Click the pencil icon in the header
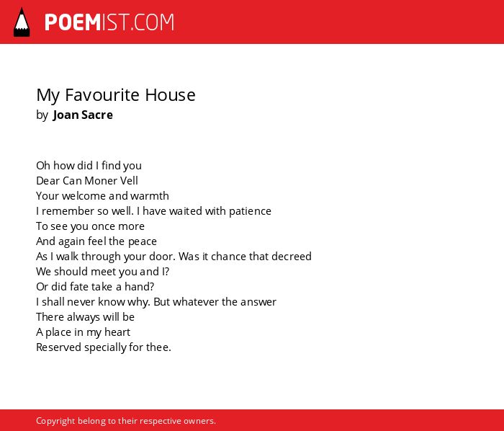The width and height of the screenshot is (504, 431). click(x=22, y=22)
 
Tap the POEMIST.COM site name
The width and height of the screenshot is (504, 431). click(x=109, y=22)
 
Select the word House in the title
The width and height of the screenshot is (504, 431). click(x=170, y=95)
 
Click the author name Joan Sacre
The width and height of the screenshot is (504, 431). click(x=83, y=115)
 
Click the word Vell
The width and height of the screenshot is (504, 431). click(x=129, y=181)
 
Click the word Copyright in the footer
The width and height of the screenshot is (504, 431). click(x=55, y=421)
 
